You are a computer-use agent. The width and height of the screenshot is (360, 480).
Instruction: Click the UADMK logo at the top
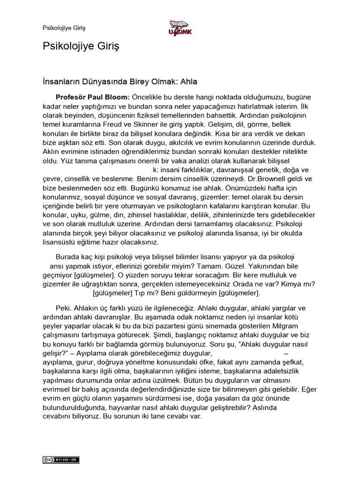click(180, 27)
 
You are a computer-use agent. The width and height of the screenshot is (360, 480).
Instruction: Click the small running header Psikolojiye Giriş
click(64, 28)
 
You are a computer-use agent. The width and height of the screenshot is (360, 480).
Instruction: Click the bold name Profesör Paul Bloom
click(92, 97)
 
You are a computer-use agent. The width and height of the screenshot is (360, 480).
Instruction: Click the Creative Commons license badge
click(61, 459)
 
